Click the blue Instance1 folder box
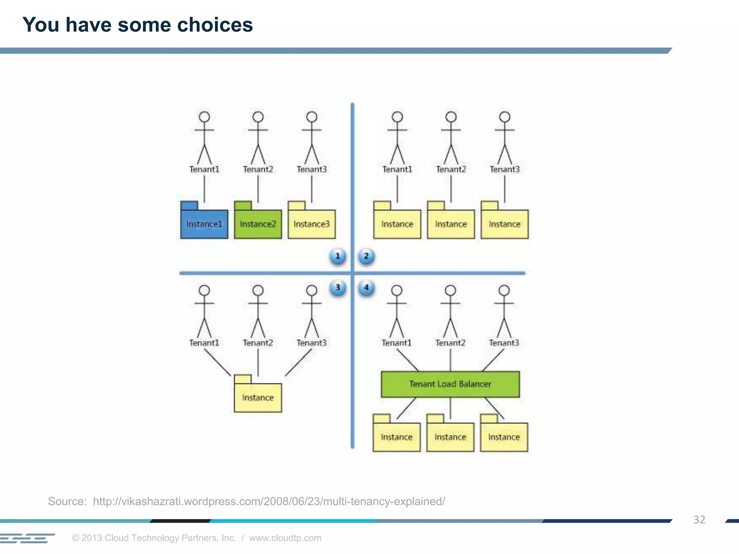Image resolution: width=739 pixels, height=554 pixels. coord(204,224)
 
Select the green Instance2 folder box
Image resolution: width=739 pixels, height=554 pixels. coord(258,224)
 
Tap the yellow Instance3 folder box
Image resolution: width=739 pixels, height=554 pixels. coord(311,224)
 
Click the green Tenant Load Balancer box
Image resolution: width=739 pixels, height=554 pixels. coord(450,384)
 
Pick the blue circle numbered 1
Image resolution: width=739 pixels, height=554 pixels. coord(338,256)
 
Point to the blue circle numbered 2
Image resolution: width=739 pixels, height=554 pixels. coord(366,256)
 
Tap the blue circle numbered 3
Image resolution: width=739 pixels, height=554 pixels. coord(338,288)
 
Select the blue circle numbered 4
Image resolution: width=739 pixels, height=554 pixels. coord(366,288)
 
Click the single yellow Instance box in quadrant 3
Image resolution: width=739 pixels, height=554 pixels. coord(258,397)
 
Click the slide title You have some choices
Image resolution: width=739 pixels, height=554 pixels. coord(137,25)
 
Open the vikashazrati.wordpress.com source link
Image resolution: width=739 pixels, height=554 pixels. coord(269,501)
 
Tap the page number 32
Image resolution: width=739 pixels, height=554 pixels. coord(699,520)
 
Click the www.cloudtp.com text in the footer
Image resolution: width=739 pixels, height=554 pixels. coord(285,538)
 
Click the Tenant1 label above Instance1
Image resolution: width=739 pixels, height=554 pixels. coord(204,169)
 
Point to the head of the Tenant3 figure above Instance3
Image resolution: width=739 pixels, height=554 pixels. coord(311,117)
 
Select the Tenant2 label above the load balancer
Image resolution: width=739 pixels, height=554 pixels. coord(450,343)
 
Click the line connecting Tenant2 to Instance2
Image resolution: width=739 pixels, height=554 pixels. coord(258,189)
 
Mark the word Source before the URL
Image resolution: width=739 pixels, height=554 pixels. coord(67,501)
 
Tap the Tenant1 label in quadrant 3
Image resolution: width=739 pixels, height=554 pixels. coord(204,343)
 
